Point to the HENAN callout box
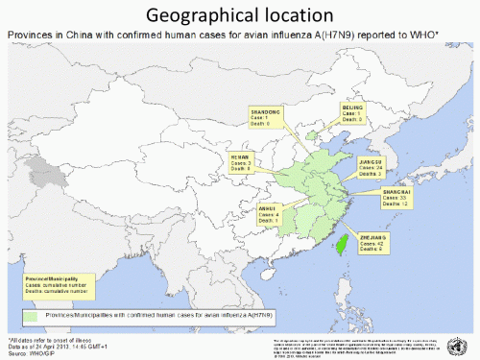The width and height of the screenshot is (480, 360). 240,161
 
